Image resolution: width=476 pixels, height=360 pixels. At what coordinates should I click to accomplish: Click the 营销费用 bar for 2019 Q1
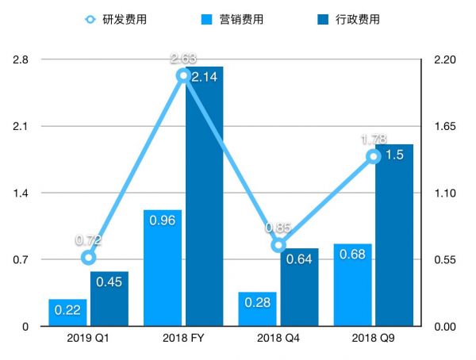[x=67, y=312]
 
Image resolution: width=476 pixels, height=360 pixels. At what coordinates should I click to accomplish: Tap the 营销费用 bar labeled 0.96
[x=163, y=268]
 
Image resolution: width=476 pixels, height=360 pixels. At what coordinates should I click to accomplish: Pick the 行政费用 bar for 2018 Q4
[x=299, y=287]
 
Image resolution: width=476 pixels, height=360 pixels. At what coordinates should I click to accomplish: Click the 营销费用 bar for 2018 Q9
[x=352, y=285]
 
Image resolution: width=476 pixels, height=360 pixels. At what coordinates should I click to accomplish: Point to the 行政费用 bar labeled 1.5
[x=394, y=236]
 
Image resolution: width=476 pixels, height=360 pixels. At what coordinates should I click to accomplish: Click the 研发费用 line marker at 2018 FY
[x=183, y=75]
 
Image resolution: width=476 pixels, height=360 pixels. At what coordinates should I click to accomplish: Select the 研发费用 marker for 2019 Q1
[x=89, y=257]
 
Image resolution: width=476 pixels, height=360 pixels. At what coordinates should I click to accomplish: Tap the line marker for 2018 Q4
[x=278, y=245]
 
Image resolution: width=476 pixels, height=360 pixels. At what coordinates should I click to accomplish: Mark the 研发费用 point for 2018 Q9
[x=374, y=156]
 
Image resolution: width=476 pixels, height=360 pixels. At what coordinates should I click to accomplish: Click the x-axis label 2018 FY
[x=183, y=339]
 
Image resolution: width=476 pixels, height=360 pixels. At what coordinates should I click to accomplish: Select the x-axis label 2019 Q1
[x=88, y=339]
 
